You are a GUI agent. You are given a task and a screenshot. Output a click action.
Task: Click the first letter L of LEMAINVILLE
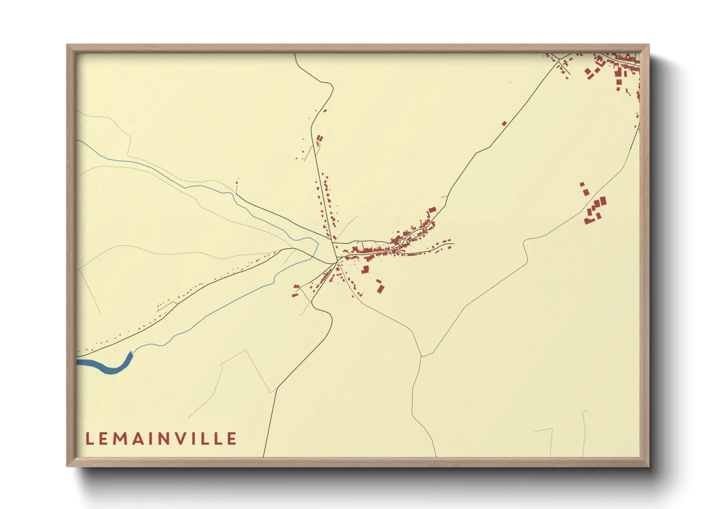click(89, 439)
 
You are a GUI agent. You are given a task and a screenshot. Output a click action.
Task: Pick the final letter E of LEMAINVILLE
click(232, 439)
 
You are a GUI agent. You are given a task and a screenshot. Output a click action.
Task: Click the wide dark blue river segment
click(108, 367)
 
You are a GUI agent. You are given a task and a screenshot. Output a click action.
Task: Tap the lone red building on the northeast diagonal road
click(504, 124)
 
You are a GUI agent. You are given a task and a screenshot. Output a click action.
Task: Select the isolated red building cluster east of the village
click(595, 208)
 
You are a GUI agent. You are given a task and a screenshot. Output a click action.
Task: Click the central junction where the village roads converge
click(336, 261)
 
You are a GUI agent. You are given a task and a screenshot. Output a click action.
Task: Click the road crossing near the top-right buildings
click(559, 61)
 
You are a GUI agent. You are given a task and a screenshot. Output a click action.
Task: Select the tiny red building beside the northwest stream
click(237, 182)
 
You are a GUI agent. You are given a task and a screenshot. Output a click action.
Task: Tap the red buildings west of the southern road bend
click(295, 290)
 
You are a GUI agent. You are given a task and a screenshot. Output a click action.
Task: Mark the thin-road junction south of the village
click(421, 356)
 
